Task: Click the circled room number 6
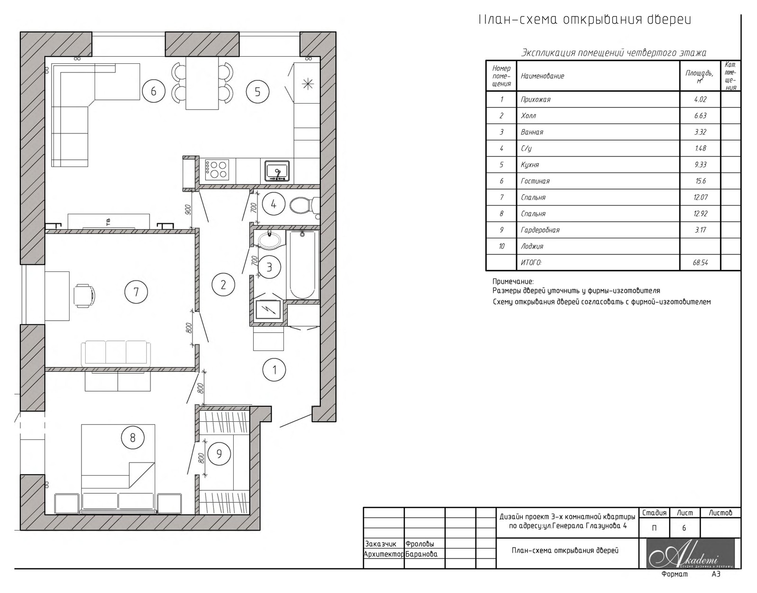point(154,92)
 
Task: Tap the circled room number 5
point(257,92)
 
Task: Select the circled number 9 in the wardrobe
point(219,453)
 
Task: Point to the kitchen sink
point(277,171)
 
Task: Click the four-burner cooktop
point(217,170)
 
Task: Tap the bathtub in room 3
point(302,265)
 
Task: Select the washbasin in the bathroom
point(270,240)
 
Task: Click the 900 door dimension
point(188,209)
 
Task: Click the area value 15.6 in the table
point(700,181)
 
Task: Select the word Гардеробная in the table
point(540,230)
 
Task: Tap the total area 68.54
point(700,262)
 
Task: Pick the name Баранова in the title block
point(422,554)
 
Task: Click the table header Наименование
point(542,76)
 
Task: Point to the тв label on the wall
point(108,220)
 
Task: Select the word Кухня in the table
point(530,165)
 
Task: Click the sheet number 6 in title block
point(684,528)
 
